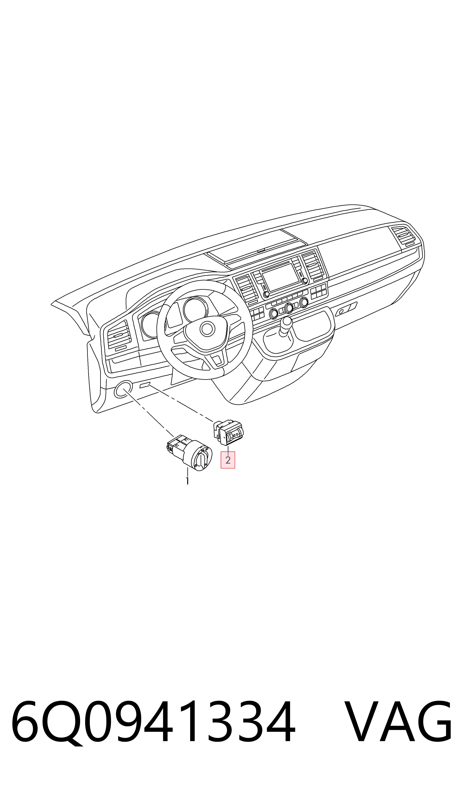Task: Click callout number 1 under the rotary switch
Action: tap(187, 481)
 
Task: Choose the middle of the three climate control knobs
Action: tap(289, 308)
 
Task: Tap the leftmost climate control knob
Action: tap(274, 313)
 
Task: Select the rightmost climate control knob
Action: tap(303, 302)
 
